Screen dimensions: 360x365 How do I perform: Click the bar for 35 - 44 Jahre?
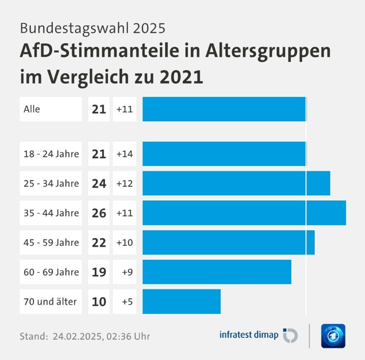coord(244,213)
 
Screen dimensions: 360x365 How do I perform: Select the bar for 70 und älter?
coord(182,302)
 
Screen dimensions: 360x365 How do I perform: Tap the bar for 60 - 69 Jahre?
coord(217,272)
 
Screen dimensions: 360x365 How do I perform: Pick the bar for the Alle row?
coord(224,109)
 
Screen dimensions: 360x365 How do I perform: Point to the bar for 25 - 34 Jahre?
coord(236,183)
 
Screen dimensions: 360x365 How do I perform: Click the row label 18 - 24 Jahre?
coord(51,154)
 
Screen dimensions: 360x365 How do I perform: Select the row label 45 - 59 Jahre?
coord(51,242)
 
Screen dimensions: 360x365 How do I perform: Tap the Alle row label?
coord(32,109)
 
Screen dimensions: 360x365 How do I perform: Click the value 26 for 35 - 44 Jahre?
coord(99,213)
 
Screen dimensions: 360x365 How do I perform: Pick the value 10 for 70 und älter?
coord(99,302)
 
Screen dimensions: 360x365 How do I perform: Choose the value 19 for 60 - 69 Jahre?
coord(99,272)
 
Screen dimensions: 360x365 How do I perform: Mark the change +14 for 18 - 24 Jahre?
coord(125,154)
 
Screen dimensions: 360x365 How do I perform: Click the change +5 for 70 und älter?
coord(127,302)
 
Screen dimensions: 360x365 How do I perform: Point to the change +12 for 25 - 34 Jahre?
coord(125,183)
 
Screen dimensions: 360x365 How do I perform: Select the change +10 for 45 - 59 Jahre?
coord(125,242)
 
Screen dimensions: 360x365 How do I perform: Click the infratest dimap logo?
coord(258,335)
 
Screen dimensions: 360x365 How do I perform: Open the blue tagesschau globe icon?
coord(333,336)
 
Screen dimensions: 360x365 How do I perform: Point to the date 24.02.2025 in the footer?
coord(77,337)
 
